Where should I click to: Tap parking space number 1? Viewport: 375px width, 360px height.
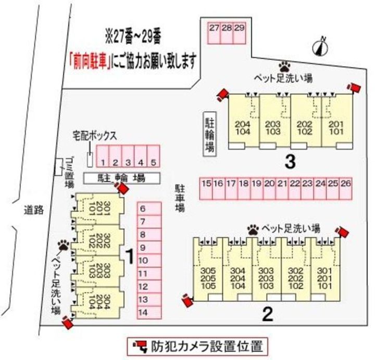tap(104, 162)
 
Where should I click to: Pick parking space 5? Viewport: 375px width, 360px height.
tap(153, 162)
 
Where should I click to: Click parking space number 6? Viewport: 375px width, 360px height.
tap(143, 210)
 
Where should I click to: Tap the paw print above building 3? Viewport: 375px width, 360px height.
tap(284, 66)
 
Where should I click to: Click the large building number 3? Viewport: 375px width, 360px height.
tap(290, 162)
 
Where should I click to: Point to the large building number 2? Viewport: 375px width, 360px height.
tap(267, 314)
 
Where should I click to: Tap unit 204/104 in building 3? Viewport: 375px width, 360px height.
tap(243, 127)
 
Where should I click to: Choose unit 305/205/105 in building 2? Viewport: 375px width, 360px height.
tap(208, 278)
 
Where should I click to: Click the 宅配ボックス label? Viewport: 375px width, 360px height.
tap(95, 136)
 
